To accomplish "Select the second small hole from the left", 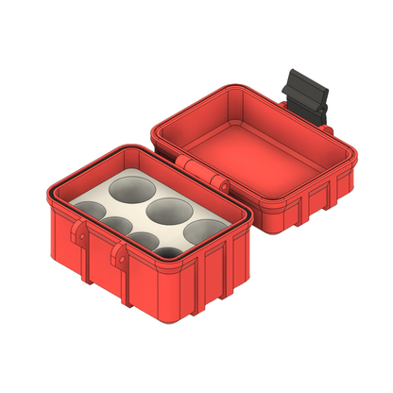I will [x=116, y=223].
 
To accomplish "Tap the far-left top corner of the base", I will [x=47, y=193].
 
